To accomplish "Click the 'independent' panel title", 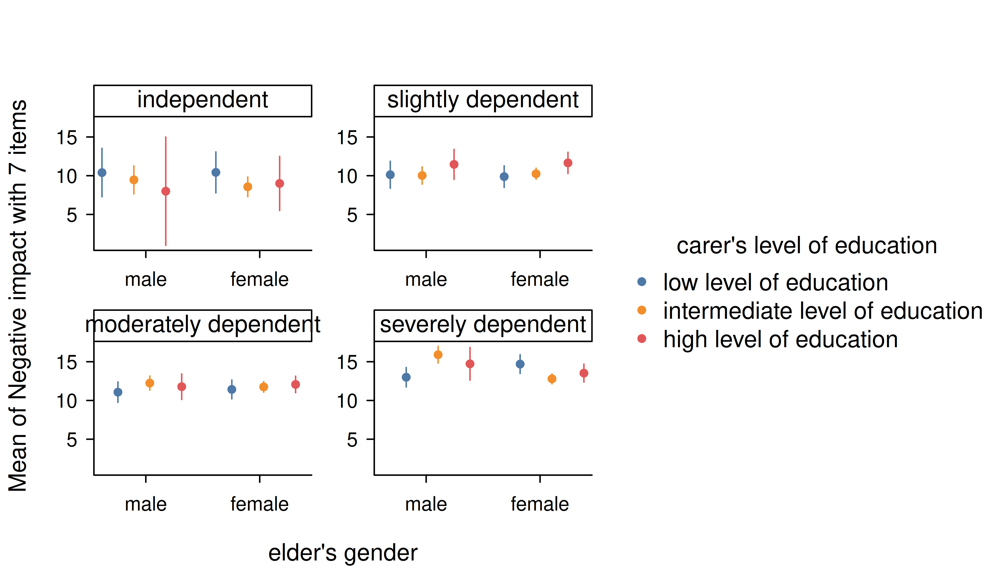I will click(203, 100).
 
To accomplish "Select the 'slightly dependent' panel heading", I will click(483, 100).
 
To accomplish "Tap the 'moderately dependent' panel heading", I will click(203, 325).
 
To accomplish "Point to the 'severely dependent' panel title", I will click(483, 325).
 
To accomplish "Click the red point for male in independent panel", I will click(166, 191).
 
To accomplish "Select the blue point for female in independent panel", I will click(216, 172).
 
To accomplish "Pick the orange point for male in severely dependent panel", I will click(438, 355).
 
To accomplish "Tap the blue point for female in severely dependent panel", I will click(520, 364).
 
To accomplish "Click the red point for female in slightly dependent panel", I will click(568, 163).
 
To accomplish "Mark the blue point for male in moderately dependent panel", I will click(118, 392).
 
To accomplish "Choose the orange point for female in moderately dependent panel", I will click(264, 387).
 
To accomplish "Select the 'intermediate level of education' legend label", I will click(823, 311).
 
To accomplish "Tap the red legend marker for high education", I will click(641, 339).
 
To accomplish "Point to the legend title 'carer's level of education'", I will click(807, 246).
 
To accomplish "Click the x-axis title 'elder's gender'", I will click(343, 553).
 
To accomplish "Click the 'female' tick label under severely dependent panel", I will click(540, 504).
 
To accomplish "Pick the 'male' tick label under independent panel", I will click(146, 280).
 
